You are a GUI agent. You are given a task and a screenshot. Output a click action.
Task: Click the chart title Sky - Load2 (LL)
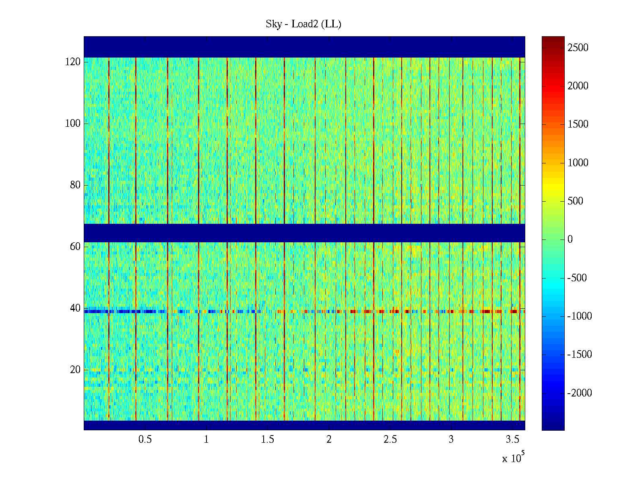tap(303, 24)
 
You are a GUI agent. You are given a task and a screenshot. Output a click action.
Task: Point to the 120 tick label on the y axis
tap(73, 62)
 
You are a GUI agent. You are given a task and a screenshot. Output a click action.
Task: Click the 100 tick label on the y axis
tap(73, 124)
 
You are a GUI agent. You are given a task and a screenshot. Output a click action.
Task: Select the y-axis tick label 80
tap(75, 185)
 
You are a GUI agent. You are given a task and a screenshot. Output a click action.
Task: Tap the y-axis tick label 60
tap(75, 247)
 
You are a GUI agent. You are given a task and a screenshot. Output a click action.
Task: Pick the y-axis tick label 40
tap(75, 308)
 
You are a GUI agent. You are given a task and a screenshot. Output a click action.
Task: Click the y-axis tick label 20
tap(75, 370)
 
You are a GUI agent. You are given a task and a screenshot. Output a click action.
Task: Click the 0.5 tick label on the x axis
tap(145, 440)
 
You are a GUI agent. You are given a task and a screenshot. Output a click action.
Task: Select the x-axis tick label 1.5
tap(268, 440)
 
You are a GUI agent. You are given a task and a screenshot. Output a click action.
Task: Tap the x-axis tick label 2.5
tap(390, 440)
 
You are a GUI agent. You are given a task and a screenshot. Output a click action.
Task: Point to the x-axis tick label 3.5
tap(512, 440)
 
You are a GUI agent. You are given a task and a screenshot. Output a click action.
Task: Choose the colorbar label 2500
tap(578, 48)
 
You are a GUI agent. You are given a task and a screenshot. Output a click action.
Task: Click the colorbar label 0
tap(570, 239)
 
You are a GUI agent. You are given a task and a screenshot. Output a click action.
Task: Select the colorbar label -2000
tap(580, 393)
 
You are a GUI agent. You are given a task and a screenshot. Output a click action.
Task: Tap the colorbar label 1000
tap(578, 163)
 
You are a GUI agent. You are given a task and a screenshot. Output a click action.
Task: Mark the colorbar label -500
tap(577, 278)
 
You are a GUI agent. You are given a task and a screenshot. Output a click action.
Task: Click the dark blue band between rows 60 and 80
tap(304, 233)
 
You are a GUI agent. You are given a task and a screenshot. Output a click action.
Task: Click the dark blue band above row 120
tap(304, 47)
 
